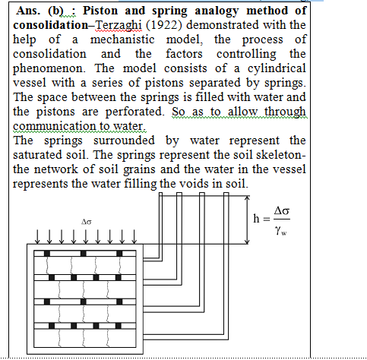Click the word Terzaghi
point(119,25)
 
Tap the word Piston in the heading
point(100,11)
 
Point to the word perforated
point(134,112)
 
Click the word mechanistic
point(122,39)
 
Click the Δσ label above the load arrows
point(86,222)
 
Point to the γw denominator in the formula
point(281,231)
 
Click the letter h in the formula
point(256,219)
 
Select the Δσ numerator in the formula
point(282,210)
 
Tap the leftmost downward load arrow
point(37,237)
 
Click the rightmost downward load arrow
point(134,237)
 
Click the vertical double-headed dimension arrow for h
point(247,219)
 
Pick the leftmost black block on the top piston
point(47,254)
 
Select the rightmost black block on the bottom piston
point(119,326)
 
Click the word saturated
point(37,155)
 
